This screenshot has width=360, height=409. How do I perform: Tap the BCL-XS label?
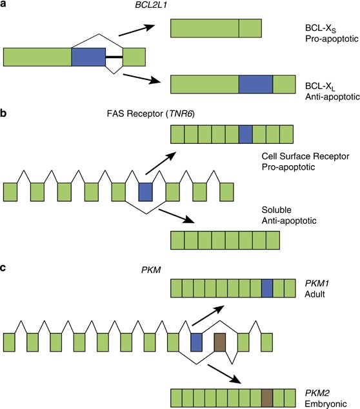tap(305, 28)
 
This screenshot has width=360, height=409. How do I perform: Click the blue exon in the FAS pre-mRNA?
tap(145, 192)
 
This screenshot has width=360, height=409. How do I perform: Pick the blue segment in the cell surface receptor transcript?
tap(245, 134)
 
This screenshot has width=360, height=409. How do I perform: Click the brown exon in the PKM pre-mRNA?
tap(219, 342)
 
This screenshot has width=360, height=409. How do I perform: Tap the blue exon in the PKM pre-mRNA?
tap(196, 342)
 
